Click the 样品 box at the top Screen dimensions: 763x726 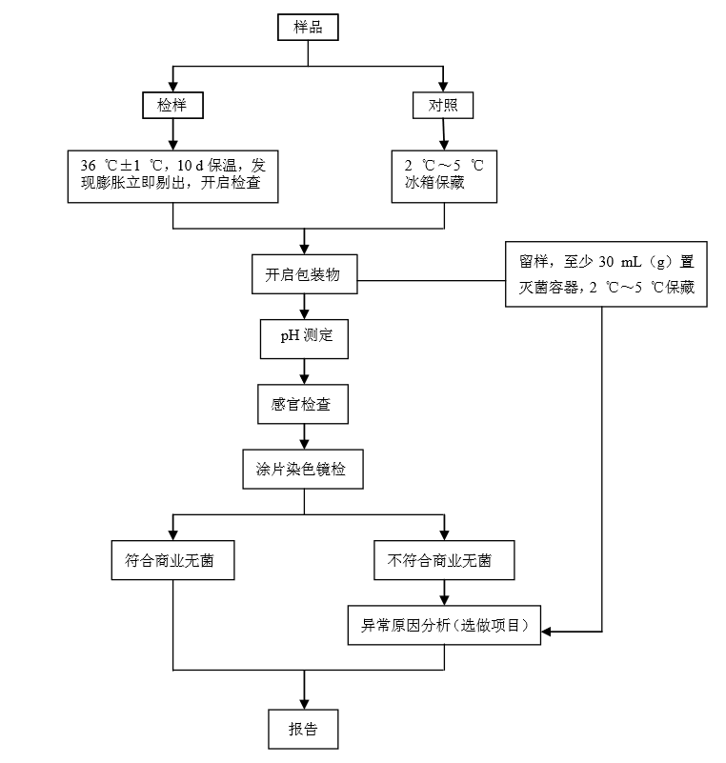click(307, 28)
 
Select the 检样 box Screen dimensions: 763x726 click(172, 105)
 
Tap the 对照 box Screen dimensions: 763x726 click(443, 105)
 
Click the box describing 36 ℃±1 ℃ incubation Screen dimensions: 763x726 click(172, 175)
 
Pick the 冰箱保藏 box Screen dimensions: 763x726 click(443, 175)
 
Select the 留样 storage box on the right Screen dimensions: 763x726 click(607, 274)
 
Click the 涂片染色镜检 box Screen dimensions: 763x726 click(303, 470)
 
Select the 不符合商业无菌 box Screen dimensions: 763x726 click(442, 561)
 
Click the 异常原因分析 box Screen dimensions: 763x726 click(445, 626)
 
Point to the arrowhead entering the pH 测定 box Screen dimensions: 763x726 click(304, 314)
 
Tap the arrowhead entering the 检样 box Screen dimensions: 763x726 click(172, 86)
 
